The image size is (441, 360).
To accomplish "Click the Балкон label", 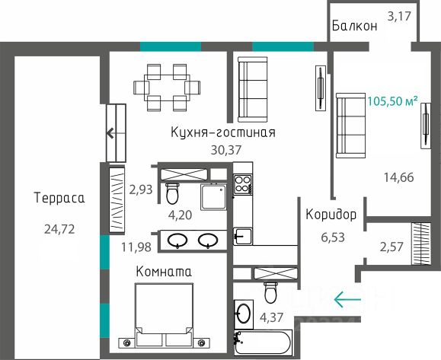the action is click(x=354, y=26).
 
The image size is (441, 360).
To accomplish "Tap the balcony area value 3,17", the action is click(x=399, y=16).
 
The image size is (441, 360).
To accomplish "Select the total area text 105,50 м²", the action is click(x=392, y=101).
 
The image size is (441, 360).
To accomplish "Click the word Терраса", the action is click(x=59, y=198).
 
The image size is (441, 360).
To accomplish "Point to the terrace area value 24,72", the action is click(x=59, y=229).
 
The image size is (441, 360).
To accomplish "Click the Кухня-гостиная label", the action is click(x=223, y=132).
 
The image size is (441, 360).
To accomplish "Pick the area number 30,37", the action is click(x=226, y=150).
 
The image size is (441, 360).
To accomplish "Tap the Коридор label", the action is click(x=331, y=215).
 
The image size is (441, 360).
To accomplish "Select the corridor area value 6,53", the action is click(x=333, y=237).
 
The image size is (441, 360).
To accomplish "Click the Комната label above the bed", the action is click(x=164, y=272).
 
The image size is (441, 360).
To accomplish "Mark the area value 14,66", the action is click(x=399, y=177).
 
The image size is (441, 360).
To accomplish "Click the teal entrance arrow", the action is click(x=347, y=299).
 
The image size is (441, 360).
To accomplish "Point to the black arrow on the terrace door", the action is click(x=110, y=133).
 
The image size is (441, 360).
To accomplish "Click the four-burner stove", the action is click(x=243, y=184).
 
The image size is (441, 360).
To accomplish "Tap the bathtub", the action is click(x=264, y=342).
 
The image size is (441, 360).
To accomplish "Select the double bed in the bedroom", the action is click(x=165, y=315).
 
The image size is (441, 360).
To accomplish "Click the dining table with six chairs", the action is click(x=167, y=88).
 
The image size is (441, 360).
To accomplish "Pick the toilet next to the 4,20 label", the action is click(x=172, y=193).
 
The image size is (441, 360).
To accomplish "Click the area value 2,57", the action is click(x=391, y=247).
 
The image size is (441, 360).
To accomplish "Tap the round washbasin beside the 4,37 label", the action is click(x=244, y=313).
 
